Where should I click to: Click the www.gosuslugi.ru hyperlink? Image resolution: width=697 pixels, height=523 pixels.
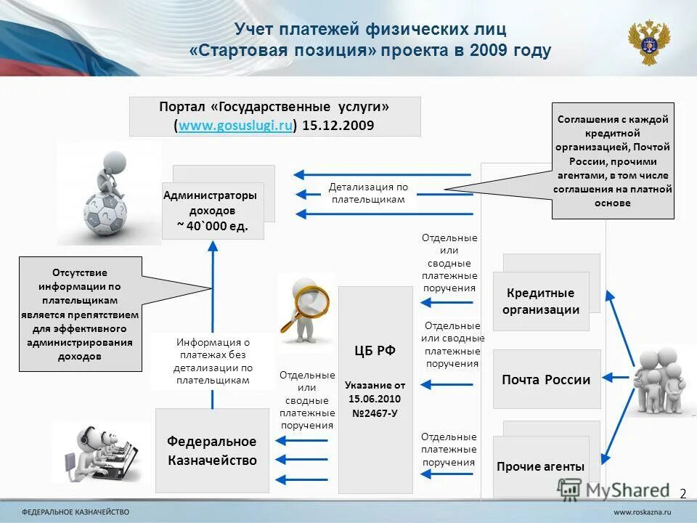tap(235, 126)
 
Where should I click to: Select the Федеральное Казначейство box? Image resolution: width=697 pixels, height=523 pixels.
tap(212, 451)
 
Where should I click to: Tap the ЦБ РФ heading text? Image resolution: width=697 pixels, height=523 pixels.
tap(375, 351)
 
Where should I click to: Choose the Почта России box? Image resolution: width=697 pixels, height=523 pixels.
tap(546, 379)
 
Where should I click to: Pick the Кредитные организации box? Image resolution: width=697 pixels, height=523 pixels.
tap(541, 301)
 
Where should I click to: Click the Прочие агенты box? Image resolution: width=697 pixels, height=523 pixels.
tap(540, 466)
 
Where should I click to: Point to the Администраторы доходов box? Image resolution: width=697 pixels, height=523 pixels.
tap(212, 211)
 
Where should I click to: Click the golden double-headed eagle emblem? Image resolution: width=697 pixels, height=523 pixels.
tap(649, 41)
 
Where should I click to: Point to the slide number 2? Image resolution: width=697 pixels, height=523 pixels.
tap(682, 494)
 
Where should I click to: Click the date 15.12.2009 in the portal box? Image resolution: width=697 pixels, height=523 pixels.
tap(338, 126)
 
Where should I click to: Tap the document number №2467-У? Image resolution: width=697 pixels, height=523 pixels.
tap(375, 413)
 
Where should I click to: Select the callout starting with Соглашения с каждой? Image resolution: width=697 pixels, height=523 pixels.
tap(613, 161)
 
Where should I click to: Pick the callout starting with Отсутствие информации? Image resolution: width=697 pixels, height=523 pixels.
tap(79, 315)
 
